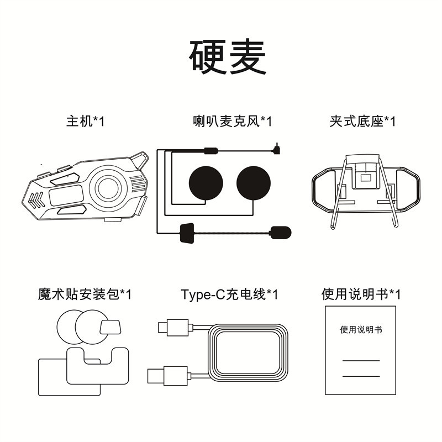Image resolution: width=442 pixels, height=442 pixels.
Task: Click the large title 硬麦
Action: [x=228, y=57]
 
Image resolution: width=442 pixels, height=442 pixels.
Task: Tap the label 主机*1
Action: [x=85, y=121]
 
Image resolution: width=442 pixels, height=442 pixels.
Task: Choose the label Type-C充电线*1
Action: [x=229, y=294]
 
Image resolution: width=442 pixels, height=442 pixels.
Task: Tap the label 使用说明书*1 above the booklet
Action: [x=361, y=294]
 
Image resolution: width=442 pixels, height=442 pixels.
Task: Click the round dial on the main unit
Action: [x=109, y=188]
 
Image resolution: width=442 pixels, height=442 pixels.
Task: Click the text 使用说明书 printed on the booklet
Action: [x=361, y=330]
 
